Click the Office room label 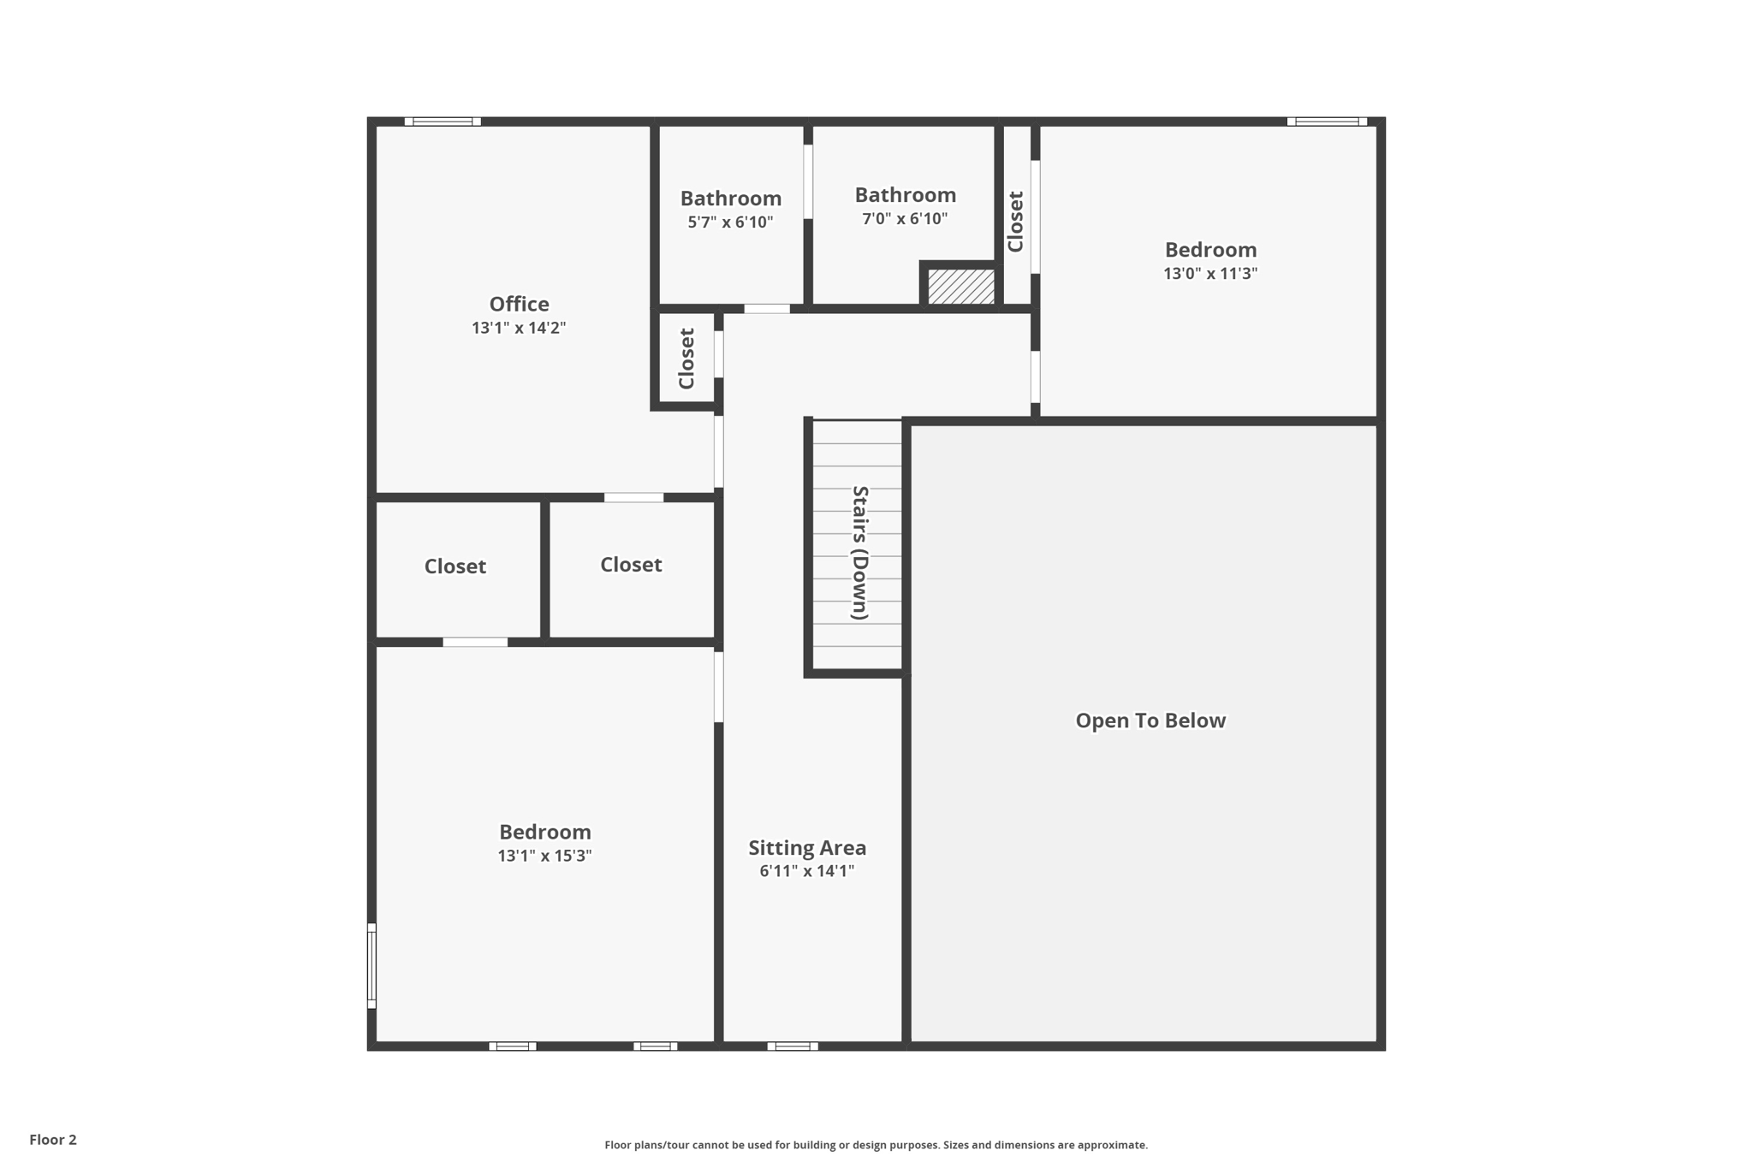519,304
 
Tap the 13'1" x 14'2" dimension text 519,328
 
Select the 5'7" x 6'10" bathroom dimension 730,222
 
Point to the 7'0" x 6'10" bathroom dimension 905,219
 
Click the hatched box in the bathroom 961,287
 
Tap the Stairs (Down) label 859,552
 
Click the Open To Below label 1150,720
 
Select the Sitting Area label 807,848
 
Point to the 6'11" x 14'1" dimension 807,871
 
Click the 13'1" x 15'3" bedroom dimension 544,856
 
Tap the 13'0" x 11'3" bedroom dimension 1209,274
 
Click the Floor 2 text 53,1140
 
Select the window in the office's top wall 443,122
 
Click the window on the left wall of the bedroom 371,965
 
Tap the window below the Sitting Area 792,1046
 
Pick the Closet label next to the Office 686,358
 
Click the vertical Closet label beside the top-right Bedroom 1016,222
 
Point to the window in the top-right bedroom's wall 1326,122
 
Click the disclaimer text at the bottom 876,1145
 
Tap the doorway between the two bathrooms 807,181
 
